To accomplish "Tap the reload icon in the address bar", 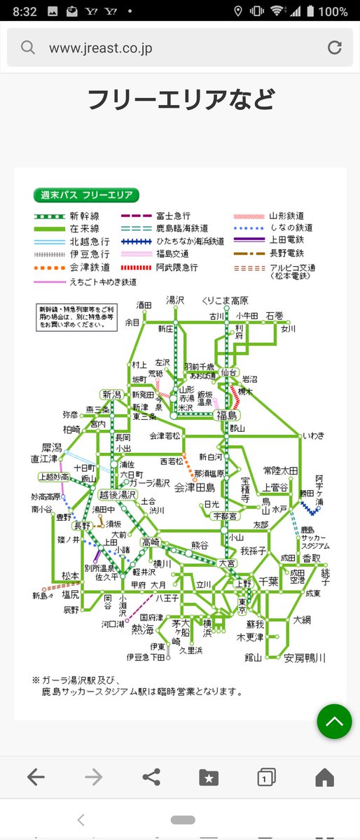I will (335, 48).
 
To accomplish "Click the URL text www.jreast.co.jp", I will (100, 48).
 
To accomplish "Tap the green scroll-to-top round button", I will (334, 721).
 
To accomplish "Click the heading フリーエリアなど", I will (180, 100).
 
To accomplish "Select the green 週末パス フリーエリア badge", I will (87, 195).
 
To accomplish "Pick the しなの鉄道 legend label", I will (291, 227).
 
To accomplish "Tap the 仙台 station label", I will (230, 372).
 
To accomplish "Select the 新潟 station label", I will (111, 394).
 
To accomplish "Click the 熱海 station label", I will (143, 629).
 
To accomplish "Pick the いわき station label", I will (314, 435).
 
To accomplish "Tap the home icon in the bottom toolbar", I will (324, 776).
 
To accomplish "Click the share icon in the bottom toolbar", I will (150, 776).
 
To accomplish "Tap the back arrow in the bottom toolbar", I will (36, 776).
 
